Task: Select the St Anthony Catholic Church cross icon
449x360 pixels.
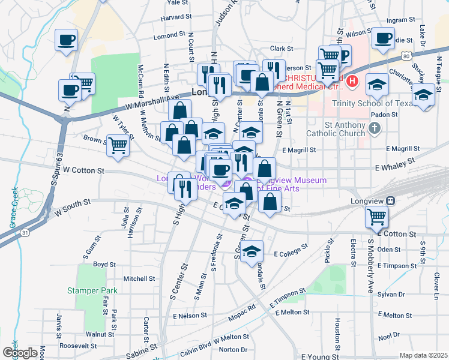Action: coord(375,128)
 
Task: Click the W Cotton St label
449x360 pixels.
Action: coord(83,170)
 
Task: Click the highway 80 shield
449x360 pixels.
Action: coord(406,56)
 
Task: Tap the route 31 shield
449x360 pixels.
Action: coord(23,232)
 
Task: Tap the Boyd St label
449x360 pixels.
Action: coord(104,264)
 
